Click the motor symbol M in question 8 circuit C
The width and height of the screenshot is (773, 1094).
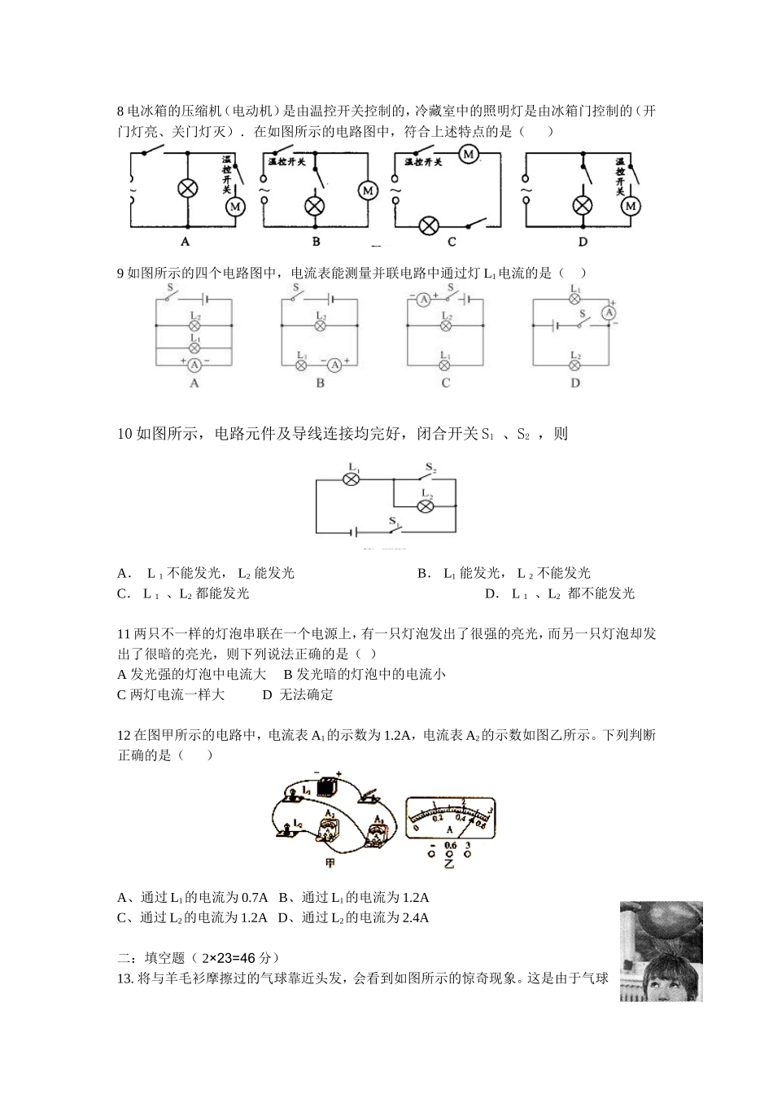468,153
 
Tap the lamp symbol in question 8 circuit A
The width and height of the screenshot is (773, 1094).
188,188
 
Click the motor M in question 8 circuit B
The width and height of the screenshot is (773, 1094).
368,190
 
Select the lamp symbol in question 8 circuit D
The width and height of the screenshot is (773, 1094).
583,204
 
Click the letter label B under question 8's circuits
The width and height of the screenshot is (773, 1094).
316,241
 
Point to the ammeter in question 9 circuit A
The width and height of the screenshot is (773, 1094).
194,361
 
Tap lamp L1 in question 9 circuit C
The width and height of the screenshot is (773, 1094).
445,365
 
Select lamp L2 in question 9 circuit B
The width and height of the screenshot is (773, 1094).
320,325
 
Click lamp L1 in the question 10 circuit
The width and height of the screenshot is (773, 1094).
352,479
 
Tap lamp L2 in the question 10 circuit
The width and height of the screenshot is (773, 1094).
425,505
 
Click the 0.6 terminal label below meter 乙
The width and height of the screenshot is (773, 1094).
450,846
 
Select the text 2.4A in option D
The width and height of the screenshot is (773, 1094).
415,917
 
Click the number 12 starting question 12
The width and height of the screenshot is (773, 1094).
124,736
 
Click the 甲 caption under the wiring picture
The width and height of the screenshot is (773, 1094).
330,862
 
